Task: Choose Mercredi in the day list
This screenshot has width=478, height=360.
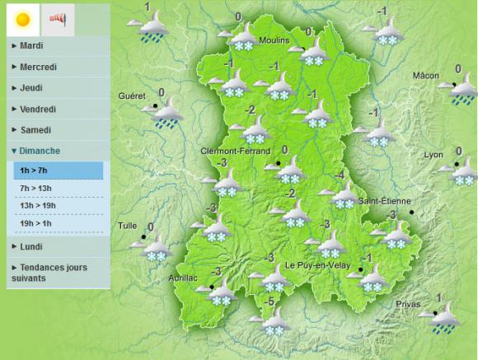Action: pyautogui.click(x=36, y=67)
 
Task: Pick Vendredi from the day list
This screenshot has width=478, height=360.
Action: pyautogui.click(x=37, y=109)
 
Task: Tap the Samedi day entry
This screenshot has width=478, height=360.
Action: pyautogui.click(x=35, y=130)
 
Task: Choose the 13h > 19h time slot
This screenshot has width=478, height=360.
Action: pyautogui.click(x=38, y=206)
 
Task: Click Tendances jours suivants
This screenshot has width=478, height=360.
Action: pyautogui.click(x=49, y=273)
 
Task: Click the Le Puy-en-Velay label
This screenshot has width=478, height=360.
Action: pyautogui.click(x=318, y=265)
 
